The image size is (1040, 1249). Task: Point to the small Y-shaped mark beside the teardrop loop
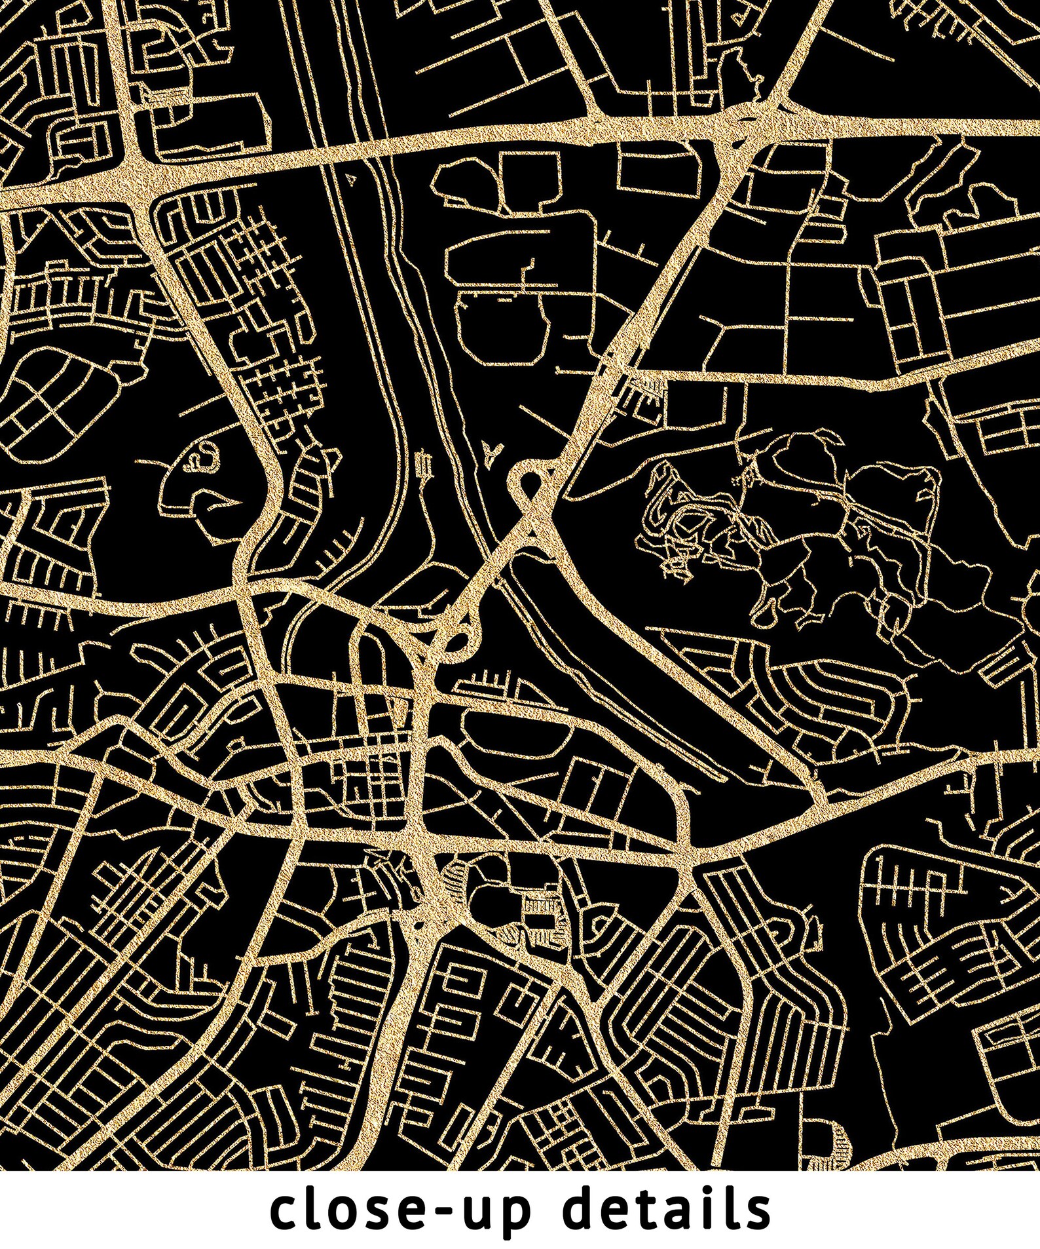coord(493,450)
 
